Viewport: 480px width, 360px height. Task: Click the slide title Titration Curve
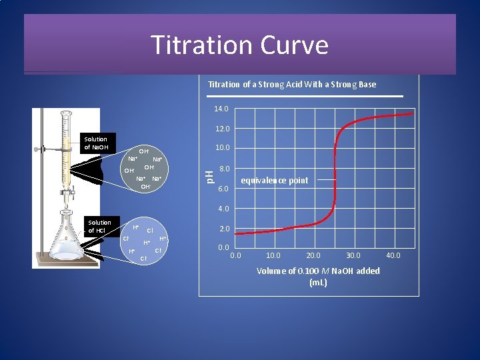click(239, 45)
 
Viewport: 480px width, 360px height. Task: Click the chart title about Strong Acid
click(292, 84)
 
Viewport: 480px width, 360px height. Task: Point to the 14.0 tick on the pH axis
click(221, 109)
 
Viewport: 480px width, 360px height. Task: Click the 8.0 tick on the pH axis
click(224, 169)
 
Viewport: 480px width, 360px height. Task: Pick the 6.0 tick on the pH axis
click(224, 189)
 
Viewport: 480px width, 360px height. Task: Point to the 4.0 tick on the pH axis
click(224, 209)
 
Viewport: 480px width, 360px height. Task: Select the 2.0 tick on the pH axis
click(224, 229)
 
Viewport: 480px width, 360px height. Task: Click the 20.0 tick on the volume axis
click(313, 255)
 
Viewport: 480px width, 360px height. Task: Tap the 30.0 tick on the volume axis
click(353, 255)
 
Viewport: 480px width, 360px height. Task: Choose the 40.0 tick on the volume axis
click(394, 255)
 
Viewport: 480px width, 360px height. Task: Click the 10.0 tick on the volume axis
click(273, 255)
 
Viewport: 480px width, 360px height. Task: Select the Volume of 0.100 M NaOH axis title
click(318, 276)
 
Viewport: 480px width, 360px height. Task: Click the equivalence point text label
click(274, 181)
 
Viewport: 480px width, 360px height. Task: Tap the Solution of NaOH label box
click(95, 143)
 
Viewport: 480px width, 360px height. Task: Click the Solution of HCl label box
click(99, 227)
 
